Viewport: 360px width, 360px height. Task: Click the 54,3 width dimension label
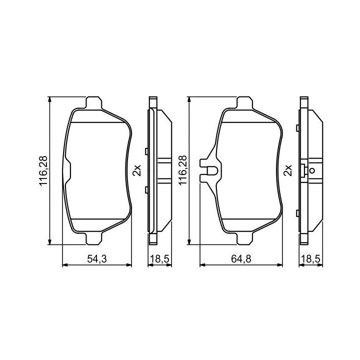pos(97,259)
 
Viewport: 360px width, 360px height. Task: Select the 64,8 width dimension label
pos(241,259)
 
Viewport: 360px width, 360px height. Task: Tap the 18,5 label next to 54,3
pos(159,259)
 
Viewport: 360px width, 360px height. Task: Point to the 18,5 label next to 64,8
pos(310,259)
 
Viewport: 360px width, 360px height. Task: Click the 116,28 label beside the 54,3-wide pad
pos(43,171)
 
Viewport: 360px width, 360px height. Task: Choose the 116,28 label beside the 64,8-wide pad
pos(183,171)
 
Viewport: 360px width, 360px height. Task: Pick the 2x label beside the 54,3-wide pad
pos(137,170)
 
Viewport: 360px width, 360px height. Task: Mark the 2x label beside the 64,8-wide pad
pos(288,170)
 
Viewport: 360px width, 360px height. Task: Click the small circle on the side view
pos(312,170)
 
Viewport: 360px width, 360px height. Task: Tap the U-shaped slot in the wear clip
pos(211,170)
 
